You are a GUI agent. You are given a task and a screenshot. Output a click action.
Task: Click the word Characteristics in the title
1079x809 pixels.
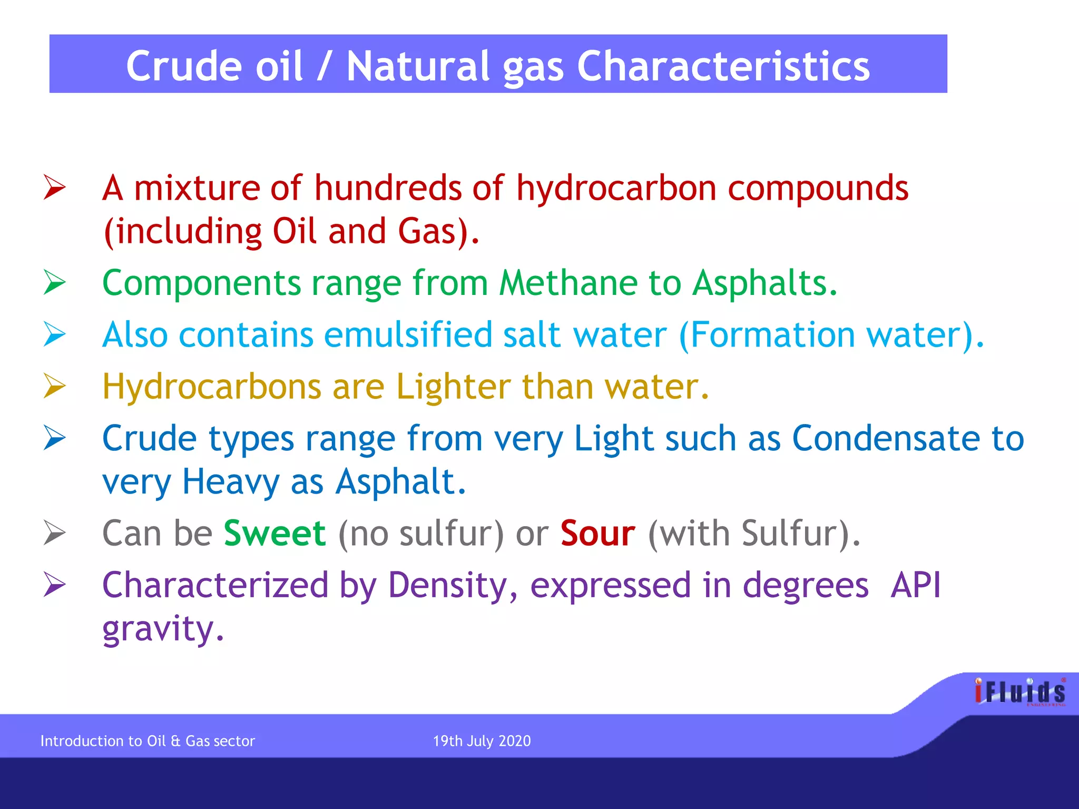point(723,66)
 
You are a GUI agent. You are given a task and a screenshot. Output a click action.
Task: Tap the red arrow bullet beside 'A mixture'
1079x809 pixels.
point(55,188)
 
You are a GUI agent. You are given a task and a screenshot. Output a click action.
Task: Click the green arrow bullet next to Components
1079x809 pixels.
point(55,282)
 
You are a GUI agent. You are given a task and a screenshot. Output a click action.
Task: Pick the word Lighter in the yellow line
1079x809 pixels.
point(453,387)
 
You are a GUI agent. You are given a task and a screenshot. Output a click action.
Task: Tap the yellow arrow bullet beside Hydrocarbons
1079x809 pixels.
point(55,386)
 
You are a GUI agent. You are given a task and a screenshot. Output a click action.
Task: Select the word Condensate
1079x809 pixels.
point(886,438)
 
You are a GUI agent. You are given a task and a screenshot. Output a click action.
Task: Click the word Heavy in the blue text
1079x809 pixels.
point(231,481)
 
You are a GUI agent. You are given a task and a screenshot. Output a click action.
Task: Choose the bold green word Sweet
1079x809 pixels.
point(274,533)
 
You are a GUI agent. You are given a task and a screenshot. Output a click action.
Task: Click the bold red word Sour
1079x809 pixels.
point(597,533)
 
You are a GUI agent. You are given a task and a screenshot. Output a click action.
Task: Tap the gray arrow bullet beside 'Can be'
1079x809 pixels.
point(55,532)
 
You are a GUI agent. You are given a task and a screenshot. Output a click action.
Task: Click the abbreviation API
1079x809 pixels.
point(915,585)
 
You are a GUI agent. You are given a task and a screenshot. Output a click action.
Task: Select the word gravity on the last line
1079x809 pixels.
point(163,629)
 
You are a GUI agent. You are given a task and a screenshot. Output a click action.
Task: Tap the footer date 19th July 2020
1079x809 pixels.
point(482,741)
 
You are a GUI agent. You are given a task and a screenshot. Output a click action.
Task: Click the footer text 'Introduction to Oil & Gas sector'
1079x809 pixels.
point(148,741)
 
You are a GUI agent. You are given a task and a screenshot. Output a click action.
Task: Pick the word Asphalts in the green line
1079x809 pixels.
point(764,283)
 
